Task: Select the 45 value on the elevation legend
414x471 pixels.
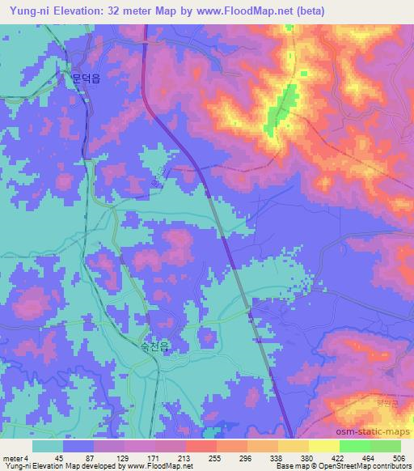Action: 59,458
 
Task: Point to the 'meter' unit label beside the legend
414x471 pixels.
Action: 12,458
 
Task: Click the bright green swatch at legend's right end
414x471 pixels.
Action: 385,446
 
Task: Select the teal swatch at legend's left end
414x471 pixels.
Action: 48,446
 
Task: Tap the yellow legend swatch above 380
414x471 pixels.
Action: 293,446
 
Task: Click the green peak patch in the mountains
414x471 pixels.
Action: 279,110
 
